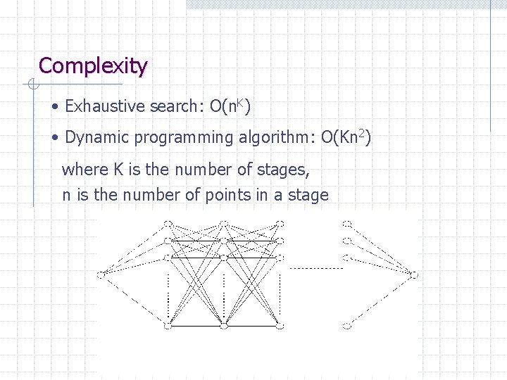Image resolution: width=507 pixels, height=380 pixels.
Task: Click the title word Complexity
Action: point(93,66)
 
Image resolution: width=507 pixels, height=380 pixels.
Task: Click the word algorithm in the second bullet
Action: point(274,137)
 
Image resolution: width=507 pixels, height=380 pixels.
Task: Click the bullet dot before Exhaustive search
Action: point(55,107)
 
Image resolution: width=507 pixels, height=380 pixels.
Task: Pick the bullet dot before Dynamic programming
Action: point(55,137)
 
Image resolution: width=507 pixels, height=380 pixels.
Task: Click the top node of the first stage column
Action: point(168,224)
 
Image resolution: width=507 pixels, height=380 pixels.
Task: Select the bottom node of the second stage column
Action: point(223,325)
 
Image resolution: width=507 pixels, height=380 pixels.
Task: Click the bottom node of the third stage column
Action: point(280,325)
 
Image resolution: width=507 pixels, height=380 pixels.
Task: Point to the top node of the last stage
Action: point(346,224)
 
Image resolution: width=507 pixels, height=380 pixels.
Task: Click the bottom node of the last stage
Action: point(346,325)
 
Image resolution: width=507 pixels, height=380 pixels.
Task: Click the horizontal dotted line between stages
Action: point(315,268)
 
